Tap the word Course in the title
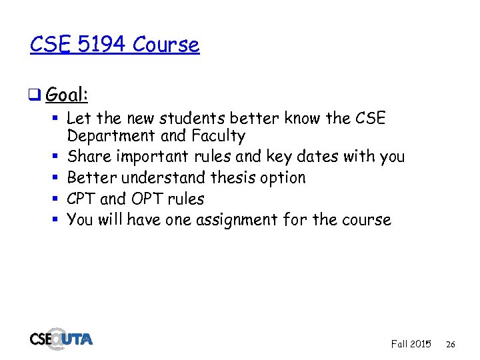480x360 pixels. [165, 45]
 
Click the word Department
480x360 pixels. [110, 136]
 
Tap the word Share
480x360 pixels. [88, 157]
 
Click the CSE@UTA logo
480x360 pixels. [61, 338]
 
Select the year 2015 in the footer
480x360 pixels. [420, 344]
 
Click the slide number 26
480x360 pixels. [451, 345]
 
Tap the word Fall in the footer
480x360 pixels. [399, 344]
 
